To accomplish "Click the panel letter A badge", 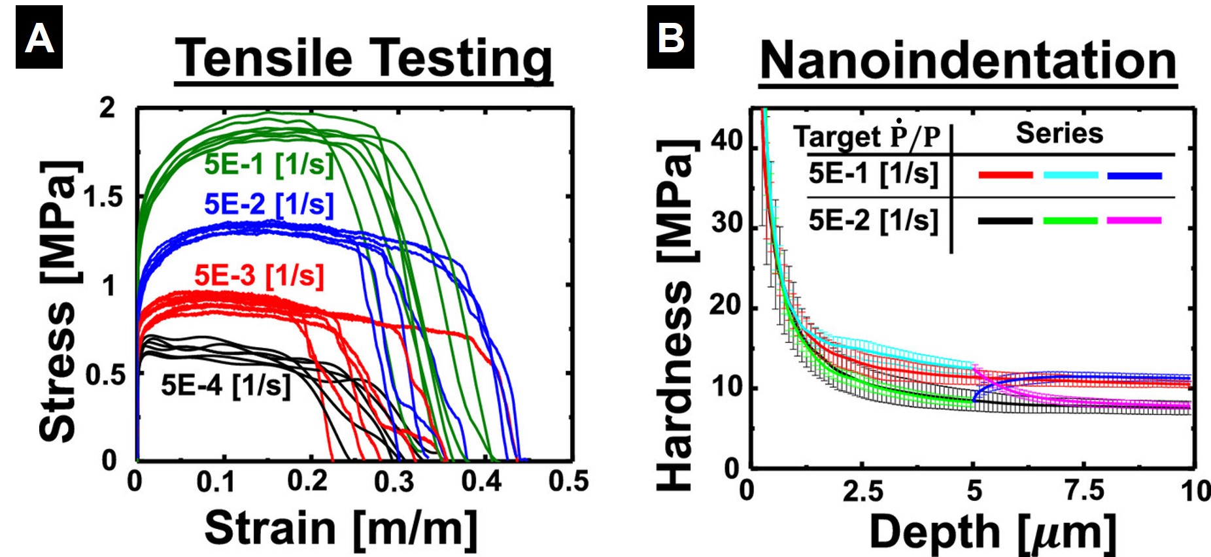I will [39, 37].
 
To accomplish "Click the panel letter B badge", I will [670, 37].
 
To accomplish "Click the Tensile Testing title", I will [364, 59].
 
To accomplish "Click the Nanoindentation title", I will [968, 60].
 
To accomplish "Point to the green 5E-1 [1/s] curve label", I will [269, 164].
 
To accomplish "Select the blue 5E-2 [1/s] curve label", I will [269, 205].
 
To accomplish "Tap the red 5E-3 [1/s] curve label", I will [259, 275].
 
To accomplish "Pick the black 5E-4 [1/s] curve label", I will [226, 385].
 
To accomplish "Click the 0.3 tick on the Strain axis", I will [394, 482].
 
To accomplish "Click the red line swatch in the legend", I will [1005, 175].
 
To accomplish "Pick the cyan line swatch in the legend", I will [1070, 175].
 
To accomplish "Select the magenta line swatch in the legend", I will [1134, 220].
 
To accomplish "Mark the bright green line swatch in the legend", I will [1070, 220].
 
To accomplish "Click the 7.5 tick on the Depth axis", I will [1084, 490].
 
